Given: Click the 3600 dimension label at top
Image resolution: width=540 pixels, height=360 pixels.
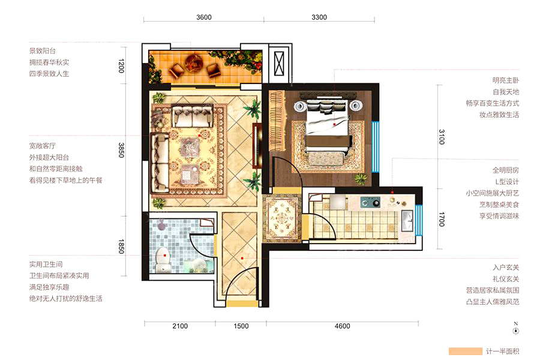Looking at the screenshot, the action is (x=204, y=17).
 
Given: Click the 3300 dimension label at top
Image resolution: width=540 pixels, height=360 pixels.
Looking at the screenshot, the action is (x=319, y=17).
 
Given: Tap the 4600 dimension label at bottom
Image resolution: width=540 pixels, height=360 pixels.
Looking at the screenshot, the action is (x=343, y=326).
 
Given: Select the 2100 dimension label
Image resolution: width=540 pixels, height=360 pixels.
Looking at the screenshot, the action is (x=180, y=326).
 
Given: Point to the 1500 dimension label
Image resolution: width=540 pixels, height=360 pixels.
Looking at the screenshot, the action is (x=241, y=326).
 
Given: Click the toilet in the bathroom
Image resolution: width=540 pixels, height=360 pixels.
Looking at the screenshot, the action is (x=163, y=260).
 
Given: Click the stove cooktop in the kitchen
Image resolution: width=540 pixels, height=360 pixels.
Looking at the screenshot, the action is (x=370, y=202).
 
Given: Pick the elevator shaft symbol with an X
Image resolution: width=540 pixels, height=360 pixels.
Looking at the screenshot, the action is (x=279, y=64).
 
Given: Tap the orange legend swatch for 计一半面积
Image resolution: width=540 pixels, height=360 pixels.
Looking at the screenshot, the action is (x=465, y=351).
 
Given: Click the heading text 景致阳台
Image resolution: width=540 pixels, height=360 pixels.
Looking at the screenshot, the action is (x=43, y=51).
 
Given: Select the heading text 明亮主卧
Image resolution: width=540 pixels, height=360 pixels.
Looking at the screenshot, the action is (x=506, y=80).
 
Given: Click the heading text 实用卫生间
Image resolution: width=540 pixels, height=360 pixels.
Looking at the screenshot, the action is (x=46, y=264).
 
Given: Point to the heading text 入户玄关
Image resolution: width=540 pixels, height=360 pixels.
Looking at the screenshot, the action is (x=506, y=268).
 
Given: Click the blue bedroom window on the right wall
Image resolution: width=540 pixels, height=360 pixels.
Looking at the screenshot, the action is (x=376, y=147).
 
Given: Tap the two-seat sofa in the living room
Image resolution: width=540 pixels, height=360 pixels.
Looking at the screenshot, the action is (x=193, y=116).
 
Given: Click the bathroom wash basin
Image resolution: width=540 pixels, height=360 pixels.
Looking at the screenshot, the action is (x=199, y=266).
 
